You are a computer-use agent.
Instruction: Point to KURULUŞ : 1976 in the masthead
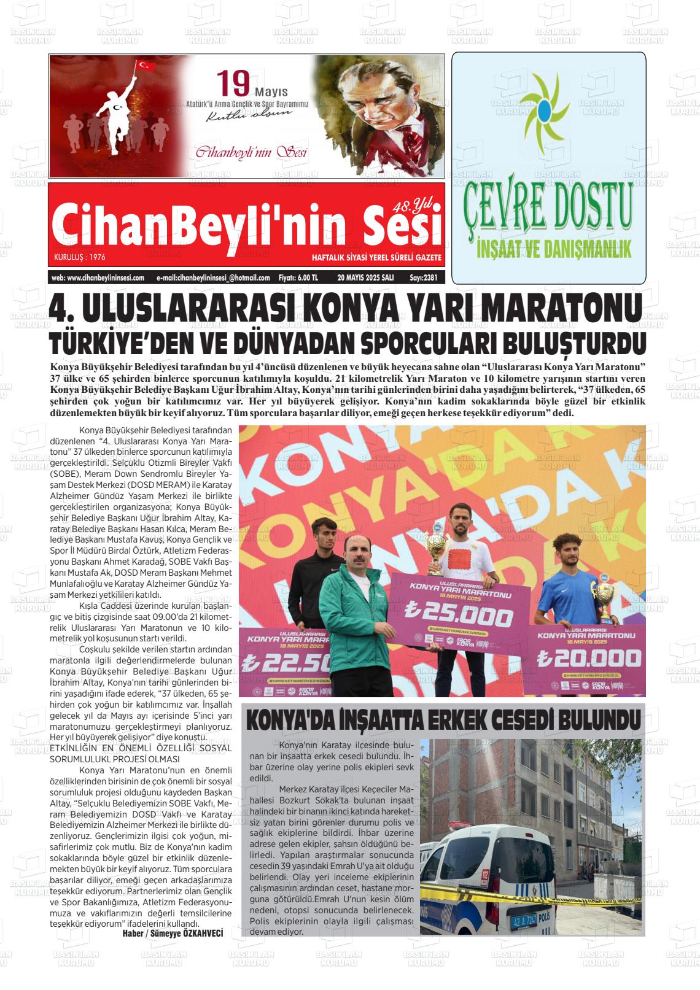pyautogui.click(x=79, y=257)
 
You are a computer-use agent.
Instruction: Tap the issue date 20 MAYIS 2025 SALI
pyautogui.click(x=365, y=277)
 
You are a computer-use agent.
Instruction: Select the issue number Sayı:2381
pyautogui.click(x=423, y=277)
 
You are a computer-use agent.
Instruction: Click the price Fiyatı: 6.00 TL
pyautogui.click(x=298, y=277)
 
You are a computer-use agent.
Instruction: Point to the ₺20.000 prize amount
pyautogui.click(x=588, y=658)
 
